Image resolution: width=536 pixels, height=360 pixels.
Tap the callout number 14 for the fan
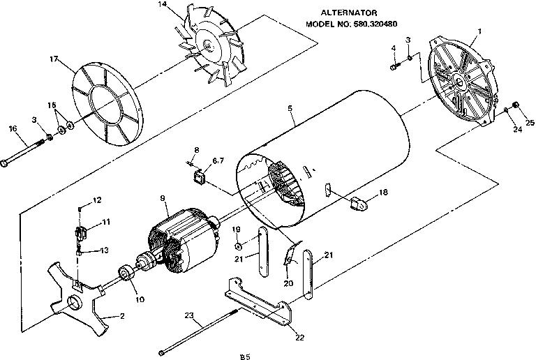(x=163, y=6)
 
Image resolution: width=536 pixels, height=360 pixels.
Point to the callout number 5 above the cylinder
(x=290, y=109)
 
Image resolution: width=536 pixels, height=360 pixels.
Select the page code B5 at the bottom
(x=244, y=357)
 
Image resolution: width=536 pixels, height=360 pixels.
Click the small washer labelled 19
(x=238, y=246)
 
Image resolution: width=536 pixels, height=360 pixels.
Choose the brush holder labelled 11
(x=82, y=231)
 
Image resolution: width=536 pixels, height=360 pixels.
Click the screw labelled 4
(x=395, y=66)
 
